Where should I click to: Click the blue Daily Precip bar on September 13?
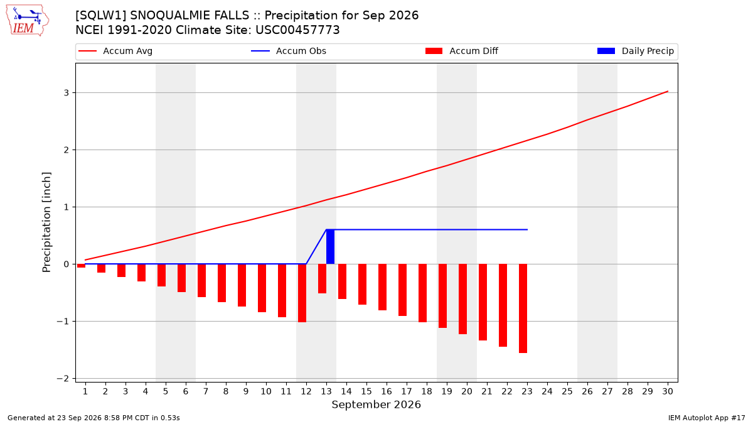pos(330,247)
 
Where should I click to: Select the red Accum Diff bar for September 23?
pos(523,308)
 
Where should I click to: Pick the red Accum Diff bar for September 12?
pos(302,293)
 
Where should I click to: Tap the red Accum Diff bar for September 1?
pos(82,266)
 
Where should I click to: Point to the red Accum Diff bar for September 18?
pos(422,293)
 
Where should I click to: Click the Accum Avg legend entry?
pos(115,51)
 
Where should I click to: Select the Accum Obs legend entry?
pos(289,51)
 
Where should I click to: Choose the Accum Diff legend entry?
pos(462,51)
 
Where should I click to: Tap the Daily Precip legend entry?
pos(635,51)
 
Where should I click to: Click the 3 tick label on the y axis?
pos(67,92)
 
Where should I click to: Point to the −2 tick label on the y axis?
pos(63,379)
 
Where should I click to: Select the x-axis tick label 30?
pos(668,391)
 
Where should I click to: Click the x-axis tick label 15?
pos(366,391)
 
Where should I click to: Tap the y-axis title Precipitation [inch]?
pos(46,222)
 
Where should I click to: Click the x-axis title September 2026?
pos(376,405)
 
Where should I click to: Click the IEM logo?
pos(27,21)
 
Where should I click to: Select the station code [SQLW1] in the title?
pos(101,16)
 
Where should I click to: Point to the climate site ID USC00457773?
pos(297,30)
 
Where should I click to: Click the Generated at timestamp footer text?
pos(93,418)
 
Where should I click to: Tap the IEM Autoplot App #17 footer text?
pos(707,418)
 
